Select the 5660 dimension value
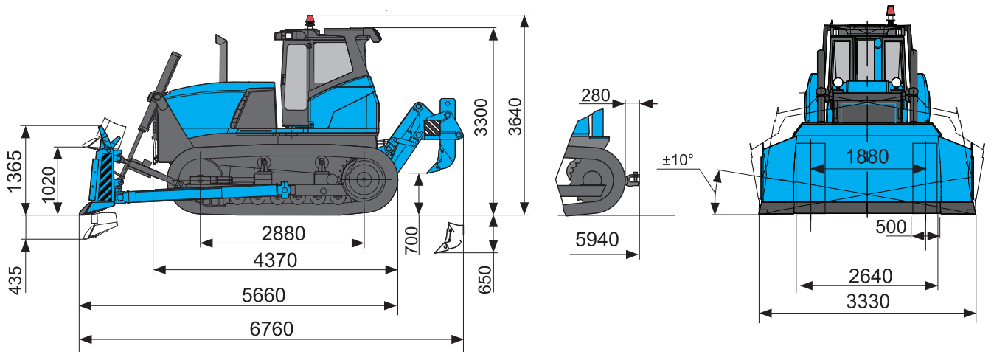pos(263,295)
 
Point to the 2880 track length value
pos(283,234)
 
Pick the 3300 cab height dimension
pos(482,117)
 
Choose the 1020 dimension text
pos(48,181)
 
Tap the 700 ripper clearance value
pos(411,240)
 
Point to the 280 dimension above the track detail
pos(595,94)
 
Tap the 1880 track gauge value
pos(867,156)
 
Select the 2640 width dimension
pos(870,276)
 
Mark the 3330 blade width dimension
pos(868,301)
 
